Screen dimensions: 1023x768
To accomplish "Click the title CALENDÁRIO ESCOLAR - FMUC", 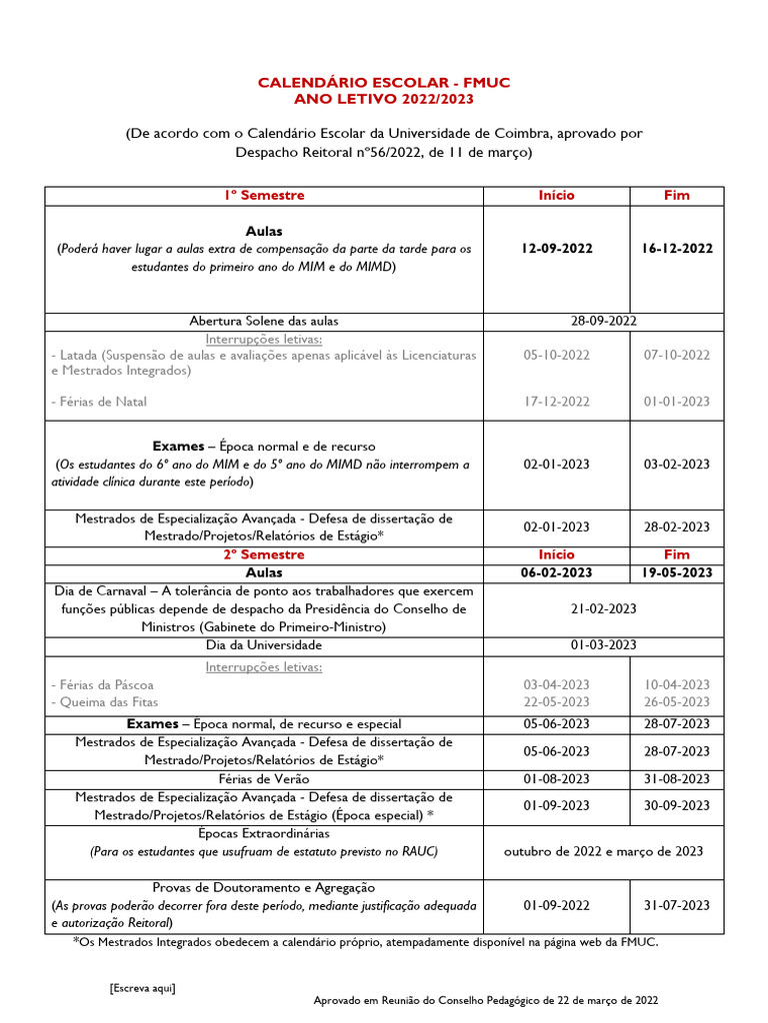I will point(384,82).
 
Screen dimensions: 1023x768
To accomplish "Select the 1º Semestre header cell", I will point(264,195).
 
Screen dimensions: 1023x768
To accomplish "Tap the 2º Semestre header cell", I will point(264,553).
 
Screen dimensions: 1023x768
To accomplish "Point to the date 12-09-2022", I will point(556,248).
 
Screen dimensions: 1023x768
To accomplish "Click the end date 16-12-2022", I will point(677,248).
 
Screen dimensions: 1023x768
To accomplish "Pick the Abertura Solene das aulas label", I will point(264,321).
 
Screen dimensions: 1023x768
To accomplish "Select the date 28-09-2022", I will point(604,321).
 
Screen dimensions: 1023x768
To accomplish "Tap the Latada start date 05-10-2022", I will point(556,355).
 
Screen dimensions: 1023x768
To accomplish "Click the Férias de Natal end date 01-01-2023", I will point(677,401).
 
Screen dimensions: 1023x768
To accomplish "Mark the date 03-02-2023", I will point(677,464).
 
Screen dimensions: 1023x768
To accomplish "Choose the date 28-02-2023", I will point(677,526).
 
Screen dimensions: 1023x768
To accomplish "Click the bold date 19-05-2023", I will point(677,572).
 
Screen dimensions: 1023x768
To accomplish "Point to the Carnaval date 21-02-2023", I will point(604,608).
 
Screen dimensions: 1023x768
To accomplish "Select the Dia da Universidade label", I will point(264,645).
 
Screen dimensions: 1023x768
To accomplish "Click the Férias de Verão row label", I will point(264,778).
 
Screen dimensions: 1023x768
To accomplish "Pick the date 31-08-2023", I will point(677,778).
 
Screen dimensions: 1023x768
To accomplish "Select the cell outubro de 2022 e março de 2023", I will point(604,851).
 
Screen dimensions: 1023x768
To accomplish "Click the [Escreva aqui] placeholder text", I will point(142,987).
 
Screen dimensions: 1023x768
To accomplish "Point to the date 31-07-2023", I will point(677,905).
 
